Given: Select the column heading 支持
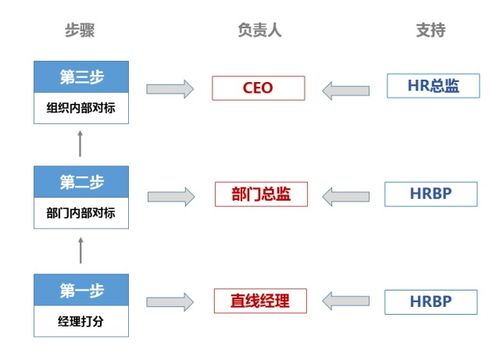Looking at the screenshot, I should [x=431, y=30].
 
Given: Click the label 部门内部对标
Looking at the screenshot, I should [x=80, y=212].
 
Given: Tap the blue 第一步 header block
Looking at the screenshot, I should [x=80, y=291].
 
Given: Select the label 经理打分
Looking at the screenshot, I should [x=80, y=321].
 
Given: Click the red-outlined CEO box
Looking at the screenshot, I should [x=258, y=88].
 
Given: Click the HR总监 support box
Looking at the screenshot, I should [x=432, y=87].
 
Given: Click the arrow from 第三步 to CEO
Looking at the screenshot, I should [x=170, y=89].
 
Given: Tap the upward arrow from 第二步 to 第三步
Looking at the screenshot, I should [x=80, y=146].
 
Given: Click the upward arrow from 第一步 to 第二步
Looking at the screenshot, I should [x=80, y=252].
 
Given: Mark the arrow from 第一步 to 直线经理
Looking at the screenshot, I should [x=170, y=300].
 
